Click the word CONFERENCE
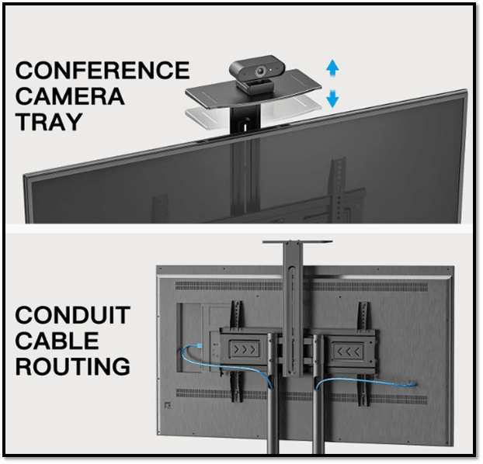click(x=102, y=71)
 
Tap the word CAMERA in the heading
click(x=69, y=97)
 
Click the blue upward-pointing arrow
click(x=332, y=68)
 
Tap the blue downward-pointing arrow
click(x=332, y=99)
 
